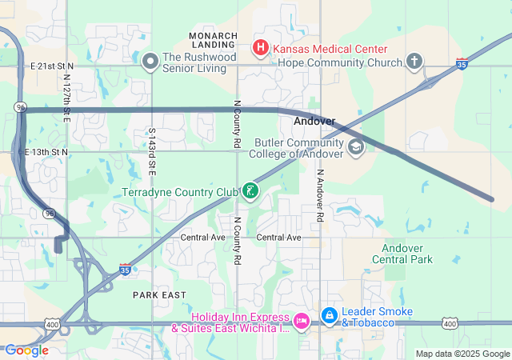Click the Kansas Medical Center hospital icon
(x=261, y=49)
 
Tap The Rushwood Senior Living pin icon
(x=150, y=61)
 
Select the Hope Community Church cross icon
(x=414, y=61)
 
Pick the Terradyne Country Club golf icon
(x=251, y=191)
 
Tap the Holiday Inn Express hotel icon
(x=302, y=321)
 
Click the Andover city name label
(x=314, y=122)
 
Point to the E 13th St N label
(x=46, y=151)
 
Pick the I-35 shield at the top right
(x=462, y=62)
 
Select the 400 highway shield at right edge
(x=450, y=323)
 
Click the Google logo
(x=26, y=350)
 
